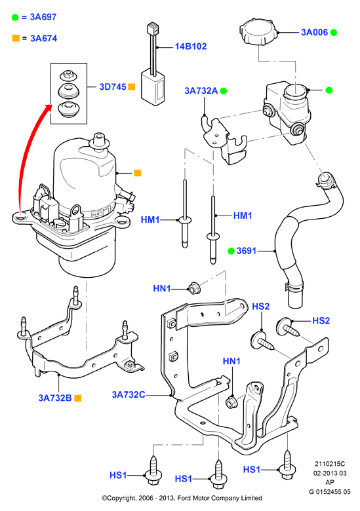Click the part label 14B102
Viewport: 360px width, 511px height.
[x=191, y=47]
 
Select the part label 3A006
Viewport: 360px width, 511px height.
[x=314, y=32]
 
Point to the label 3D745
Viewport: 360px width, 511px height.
[x=113, y=86]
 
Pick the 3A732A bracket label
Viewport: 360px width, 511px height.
[x=201, y=90]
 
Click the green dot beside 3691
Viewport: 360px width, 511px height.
[x=231, y=251]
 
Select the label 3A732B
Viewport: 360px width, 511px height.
[x=55, y=398]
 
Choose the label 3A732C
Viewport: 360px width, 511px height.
[x=129, y=394]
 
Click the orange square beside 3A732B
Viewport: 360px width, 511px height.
[x=77, y=398]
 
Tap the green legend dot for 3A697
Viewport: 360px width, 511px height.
[x=15, y=17]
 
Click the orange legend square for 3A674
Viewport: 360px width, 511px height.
[x=16, y=38]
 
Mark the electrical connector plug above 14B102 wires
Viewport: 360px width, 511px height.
[x=153, y=28]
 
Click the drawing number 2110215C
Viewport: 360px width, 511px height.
[x=330, y=464]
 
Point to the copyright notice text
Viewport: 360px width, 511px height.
[x=182, y=498]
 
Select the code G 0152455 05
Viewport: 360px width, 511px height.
[x=330, y=491]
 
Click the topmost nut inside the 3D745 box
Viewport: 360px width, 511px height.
[x=68, y=75]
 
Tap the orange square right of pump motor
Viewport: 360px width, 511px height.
[x=138, y=173]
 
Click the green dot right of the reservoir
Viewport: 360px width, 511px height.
[x=329, y=90]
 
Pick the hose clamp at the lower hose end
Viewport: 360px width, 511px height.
[x=294, y=288]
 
